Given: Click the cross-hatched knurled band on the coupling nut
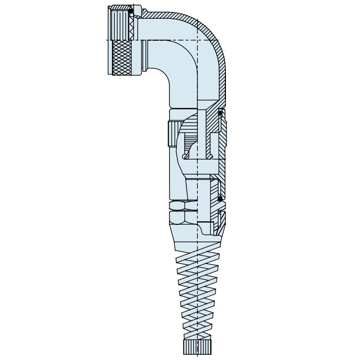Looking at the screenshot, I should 122,57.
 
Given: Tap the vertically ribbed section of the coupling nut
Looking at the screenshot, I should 120,23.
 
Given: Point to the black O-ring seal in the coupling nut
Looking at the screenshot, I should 131,10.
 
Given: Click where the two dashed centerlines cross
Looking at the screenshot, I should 198,40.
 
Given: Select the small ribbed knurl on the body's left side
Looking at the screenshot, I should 173,134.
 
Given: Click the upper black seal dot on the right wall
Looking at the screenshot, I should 220,113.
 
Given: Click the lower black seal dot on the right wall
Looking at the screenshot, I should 220,198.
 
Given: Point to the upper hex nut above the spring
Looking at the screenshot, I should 183,205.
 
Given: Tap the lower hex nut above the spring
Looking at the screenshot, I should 183,217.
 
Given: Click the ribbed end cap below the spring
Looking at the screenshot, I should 197,347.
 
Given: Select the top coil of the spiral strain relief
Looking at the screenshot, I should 197,256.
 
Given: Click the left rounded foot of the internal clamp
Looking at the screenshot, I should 186,155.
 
